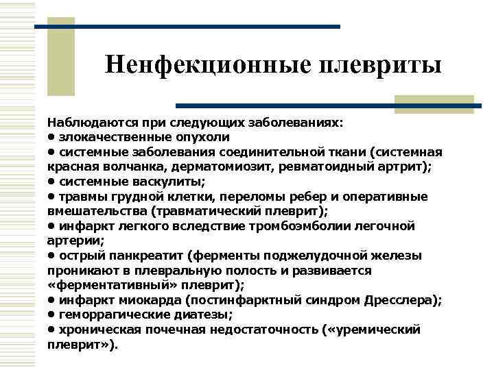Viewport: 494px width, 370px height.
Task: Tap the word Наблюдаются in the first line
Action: click(x=84, y=123)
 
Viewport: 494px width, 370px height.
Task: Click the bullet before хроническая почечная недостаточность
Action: click(x=51, y=330)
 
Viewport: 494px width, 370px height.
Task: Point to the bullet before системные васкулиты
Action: click(x=51, y=182)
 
